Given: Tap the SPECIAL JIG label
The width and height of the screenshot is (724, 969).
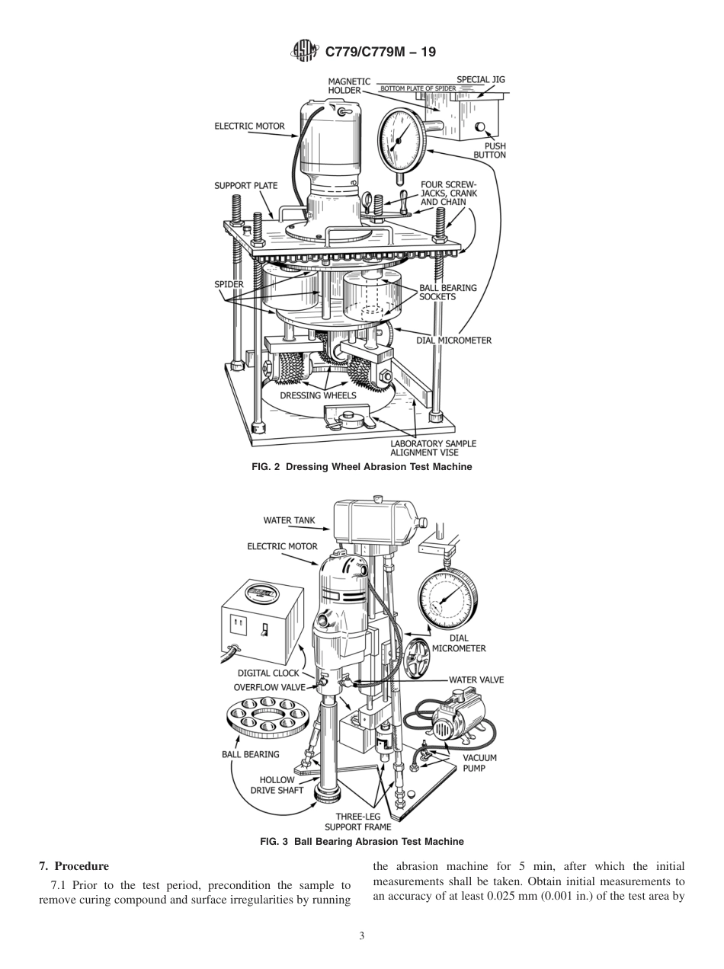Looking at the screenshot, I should [x=480, y=79].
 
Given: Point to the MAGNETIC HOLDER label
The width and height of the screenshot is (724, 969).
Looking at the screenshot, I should [x=349, y=85].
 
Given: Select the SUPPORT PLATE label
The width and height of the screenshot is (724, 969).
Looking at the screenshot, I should [x=245, y=185].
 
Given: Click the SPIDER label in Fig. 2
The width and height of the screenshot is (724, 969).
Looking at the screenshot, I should [x=229, y=284].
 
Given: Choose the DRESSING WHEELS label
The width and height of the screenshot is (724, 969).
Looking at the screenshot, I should [x=318, y=395].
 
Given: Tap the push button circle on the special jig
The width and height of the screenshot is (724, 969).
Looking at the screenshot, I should [x=481, y=126].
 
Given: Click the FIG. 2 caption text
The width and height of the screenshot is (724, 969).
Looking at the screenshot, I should [x=361, y=467].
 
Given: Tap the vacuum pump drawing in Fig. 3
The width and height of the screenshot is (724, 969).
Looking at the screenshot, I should [x=457, y=716].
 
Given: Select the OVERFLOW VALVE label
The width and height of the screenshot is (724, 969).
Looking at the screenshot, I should [x=269, y=687].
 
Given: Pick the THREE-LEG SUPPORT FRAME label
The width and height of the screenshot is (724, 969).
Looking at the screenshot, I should [x=357, y=821].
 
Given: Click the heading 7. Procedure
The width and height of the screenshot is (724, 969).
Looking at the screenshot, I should [x=74, y=866].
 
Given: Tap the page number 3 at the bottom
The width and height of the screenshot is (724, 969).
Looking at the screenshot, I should [x=362, y=936].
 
